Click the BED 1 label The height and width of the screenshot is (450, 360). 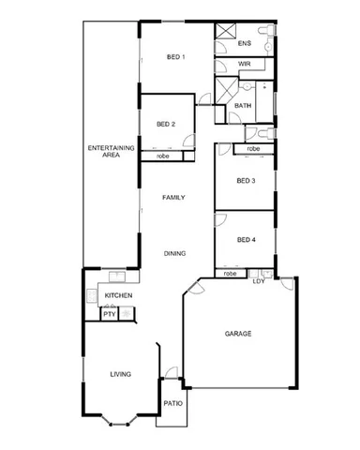(176, 57)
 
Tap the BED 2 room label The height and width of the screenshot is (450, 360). (166, 124)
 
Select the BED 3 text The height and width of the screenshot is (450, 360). (245, 180)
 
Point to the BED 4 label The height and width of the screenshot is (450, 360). (245, 240)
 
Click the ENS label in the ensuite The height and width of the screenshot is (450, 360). (245, 43)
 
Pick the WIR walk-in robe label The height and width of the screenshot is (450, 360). (244, 64)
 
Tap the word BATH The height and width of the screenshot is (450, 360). (242, 106)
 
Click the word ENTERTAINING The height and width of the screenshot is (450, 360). (111, 148)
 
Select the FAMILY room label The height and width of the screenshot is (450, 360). (172, 198)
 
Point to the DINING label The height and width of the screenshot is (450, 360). (173, 253)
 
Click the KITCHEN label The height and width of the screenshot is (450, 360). (118, 296)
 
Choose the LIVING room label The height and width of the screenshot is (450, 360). (119, 374)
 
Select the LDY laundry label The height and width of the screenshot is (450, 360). (258, 282)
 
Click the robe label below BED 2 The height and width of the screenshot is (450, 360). (162, 156)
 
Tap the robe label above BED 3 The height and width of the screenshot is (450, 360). (253, 148)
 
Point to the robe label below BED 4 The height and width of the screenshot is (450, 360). (230, 273)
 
